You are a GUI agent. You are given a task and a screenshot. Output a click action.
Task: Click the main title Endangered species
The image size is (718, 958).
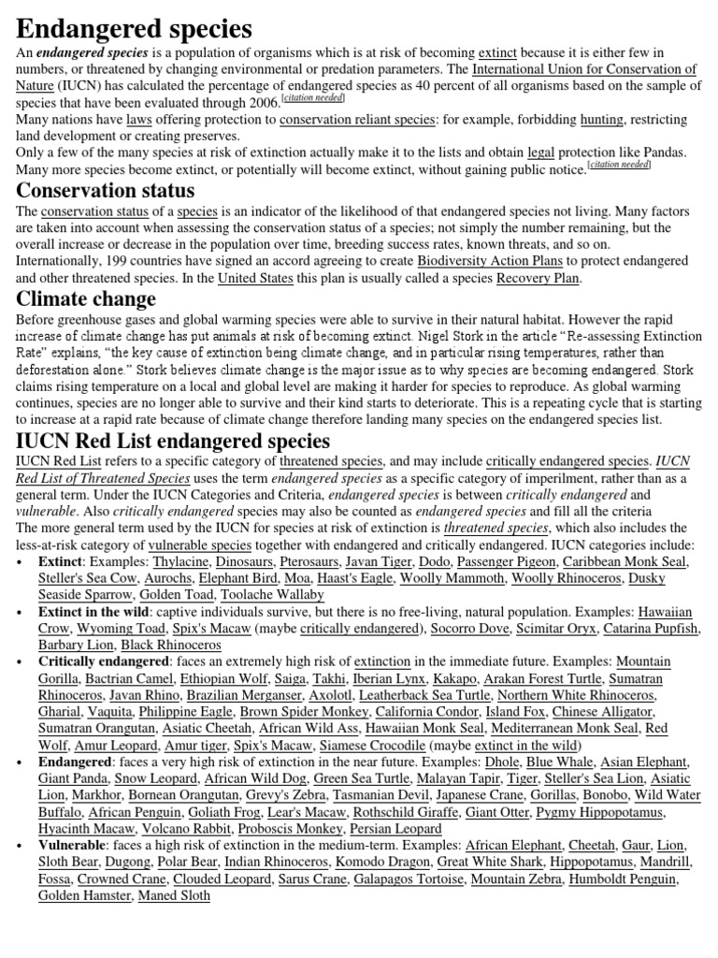pos(134,28)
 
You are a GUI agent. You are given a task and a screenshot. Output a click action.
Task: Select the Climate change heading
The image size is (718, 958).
pos(86,299)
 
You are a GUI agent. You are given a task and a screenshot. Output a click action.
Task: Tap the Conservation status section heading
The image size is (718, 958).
pos(106,190)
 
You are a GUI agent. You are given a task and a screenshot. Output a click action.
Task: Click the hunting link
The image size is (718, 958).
pos(601,120)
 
